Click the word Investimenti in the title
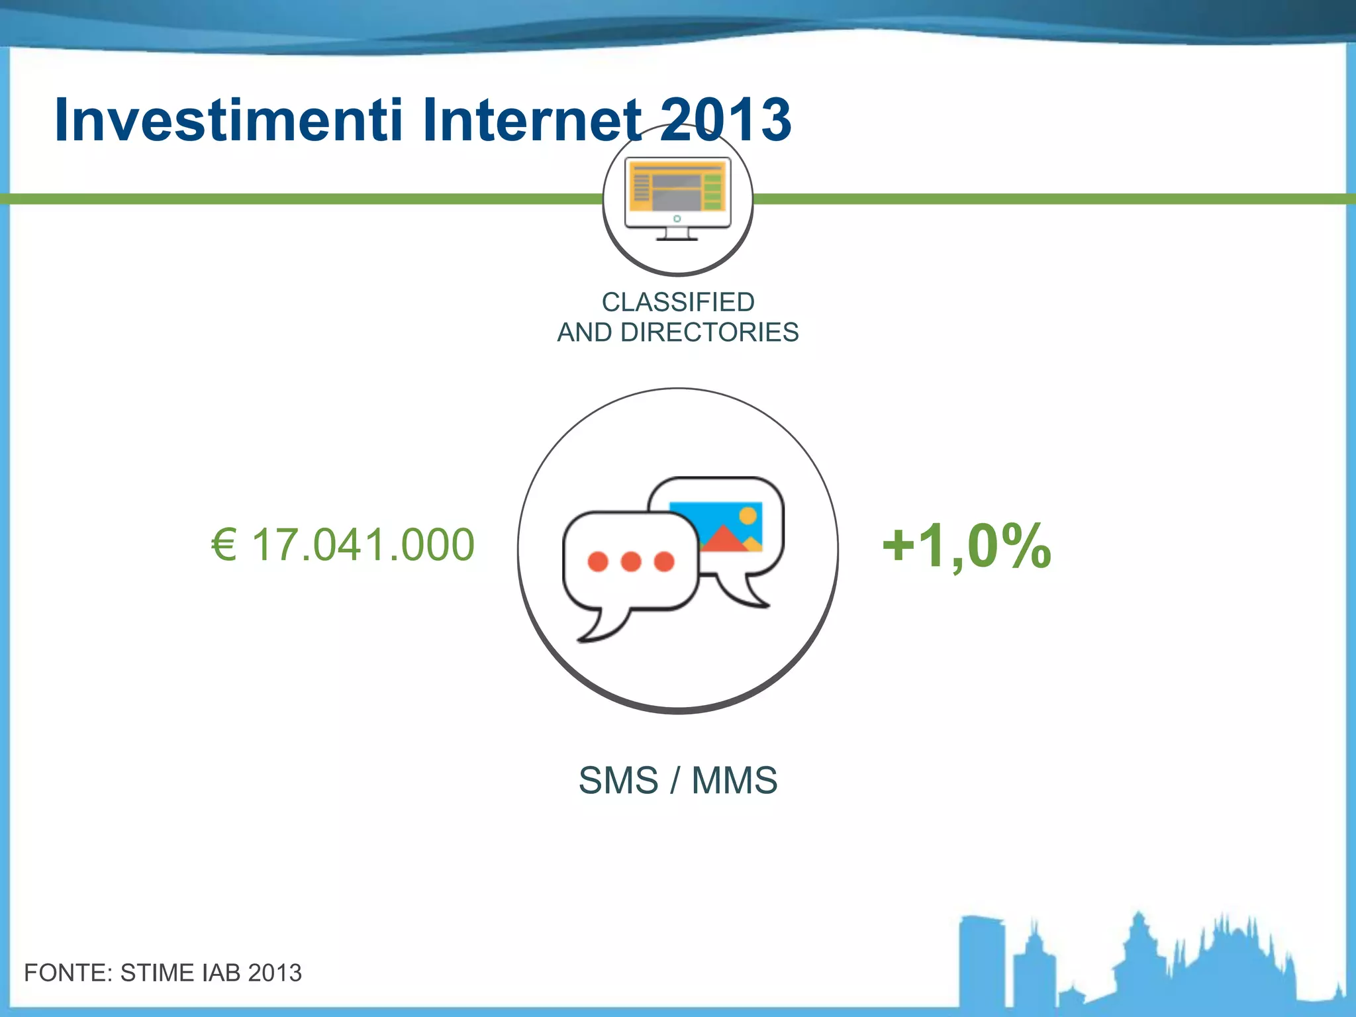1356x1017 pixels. pos(228,120)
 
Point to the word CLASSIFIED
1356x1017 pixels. pos(678,302)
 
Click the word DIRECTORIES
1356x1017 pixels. pos(709,332)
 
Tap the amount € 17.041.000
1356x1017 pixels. pos(343,545)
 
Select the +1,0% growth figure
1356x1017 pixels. pos(967,546)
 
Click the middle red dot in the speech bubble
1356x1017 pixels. pos(631,561)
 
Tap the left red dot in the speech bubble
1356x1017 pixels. pos(598,561)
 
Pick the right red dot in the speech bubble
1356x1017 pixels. pos(664,561)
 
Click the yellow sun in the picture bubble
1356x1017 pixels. pos(748,515)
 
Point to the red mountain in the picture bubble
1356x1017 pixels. pos(722,539)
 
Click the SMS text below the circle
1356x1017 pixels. pos(618,780)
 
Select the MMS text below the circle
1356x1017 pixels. pos(734,780)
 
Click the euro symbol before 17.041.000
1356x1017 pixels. pos(224,545)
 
